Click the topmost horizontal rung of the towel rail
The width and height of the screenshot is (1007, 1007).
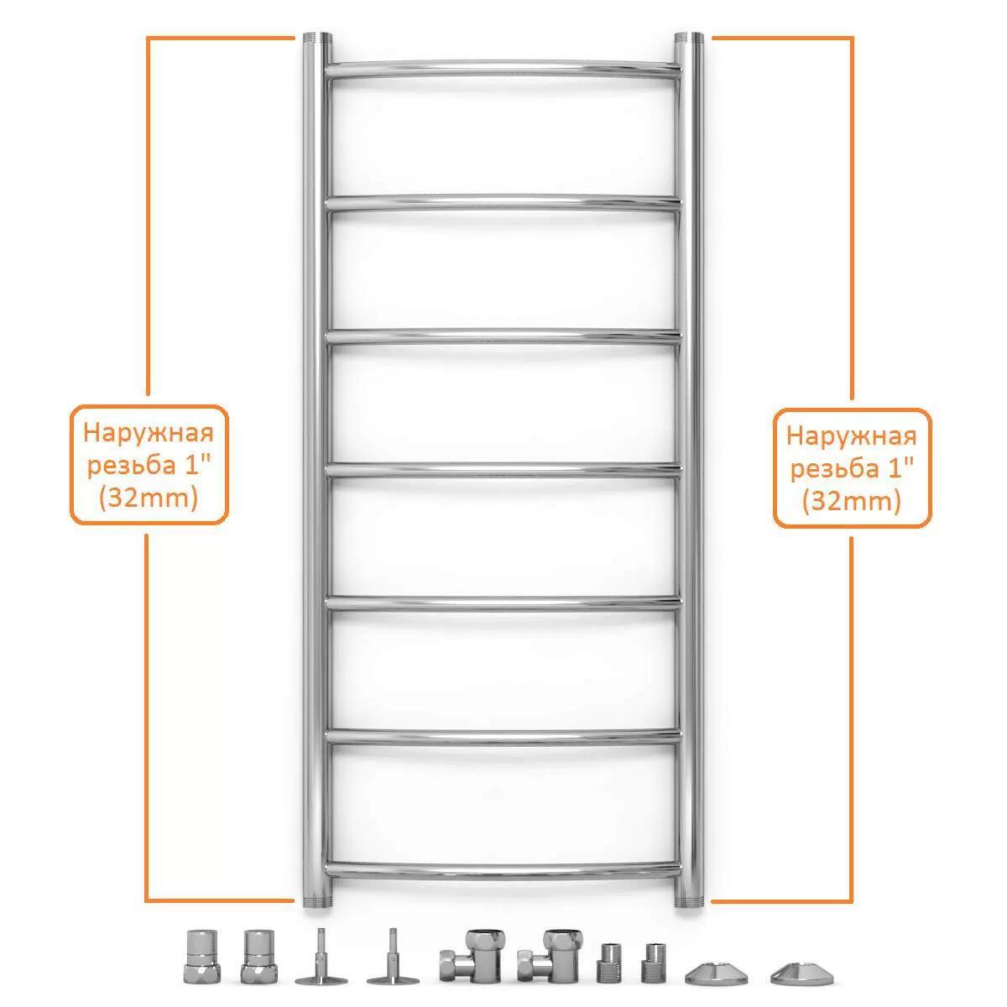(x=503, y=69)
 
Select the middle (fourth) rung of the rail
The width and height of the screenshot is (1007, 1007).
(x=503, y=469)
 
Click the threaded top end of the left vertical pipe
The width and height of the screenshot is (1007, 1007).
(x=317, y=37)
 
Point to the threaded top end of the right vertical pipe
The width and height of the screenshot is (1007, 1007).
(x=689, y=37)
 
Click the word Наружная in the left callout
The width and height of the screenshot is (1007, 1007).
(x=149, y=433)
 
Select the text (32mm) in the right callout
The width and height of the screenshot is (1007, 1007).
(x=852, y=502)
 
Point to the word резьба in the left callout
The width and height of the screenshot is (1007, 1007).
(x=131, y=465)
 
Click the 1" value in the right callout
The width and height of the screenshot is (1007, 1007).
(x=900, y=467)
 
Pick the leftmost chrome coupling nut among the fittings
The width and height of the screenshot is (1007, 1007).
(x=201, y=957)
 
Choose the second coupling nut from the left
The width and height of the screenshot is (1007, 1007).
(x=259, y=957)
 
